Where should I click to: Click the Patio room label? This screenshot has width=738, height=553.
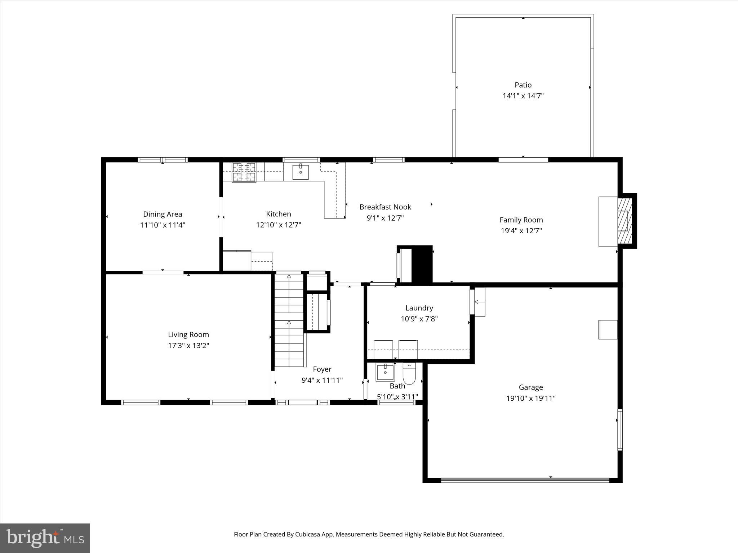523,85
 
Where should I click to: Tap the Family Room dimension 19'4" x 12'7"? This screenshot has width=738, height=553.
521,231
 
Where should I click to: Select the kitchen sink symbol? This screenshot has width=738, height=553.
300,172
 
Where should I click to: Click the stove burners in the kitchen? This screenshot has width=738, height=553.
244,172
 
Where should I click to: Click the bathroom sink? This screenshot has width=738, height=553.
385,372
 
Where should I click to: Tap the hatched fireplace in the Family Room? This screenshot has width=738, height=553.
625,220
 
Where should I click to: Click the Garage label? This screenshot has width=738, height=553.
530,387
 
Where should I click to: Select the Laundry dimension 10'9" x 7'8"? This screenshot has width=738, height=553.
419,319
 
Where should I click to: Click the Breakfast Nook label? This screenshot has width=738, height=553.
385,207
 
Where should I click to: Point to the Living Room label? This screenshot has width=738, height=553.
188,334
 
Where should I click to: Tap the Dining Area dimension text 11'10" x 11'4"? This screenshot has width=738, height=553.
163,225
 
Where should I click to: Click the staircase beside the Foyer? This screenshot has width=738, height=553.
289,320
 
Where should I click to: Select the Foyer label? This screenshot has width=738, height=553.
322,369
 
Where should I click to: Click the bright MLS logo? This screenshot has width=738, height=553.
45,538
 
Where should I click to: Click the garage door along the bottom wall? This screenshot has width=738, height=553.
525,480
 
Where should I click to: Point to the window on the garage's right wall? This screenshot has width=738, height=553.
620,430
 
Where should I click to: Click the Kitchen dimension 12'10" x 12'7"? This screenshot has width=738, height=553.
279,225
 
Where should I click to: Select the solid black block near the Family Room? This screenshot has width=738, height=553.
422,264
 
